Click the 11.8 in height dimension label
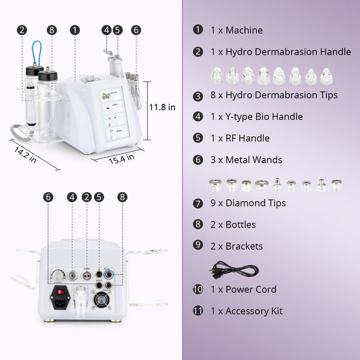(162, 107)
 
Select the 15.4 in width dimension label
(122, 158)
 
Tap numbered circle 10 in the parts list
(198, 289)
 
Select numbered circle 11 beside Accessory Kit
(198, 311)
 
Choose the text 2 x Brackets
(236, 246)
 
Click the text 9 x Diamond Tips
(248, 203)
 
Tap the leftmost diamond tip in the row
(215, 184)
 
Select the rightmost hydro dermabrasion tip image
(326, 76)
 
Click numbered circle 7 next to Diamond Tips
(198, 203)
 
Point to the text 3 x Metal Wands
(246, 160)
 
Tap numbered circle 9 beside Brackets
(198, 246)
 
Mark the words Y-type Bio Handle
(264, 116)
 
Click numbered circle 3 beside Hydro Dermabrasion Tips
(198, 95)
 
